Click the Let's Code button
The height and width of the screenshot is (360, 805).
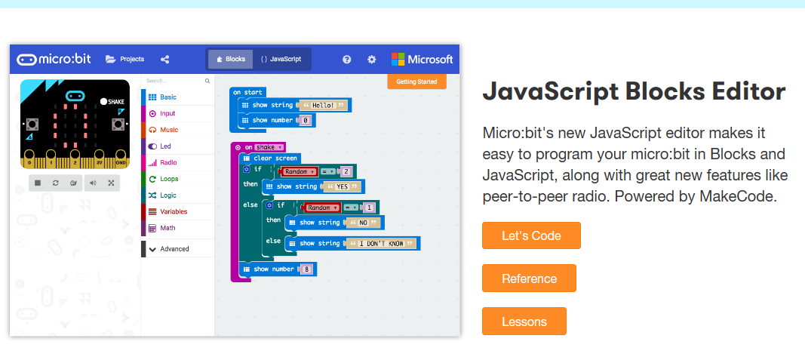(x=531, y=235)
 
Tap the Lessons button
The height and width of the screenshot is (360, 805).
(x=524, y=322)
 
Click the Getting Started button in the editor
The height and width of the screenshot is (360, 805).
(x=416, y=82)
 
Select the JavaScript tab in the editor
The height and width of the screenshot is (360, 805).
(x=281, y=59)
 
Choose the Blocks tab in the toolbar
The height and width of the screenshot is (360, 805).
(x=231, y=59)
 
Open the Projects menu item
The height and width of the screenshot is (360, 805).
(x=125, y=59)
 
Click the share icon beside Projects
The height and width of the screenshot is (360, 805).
(x=164, y=59)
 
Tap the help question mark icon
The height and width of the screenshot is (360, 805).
(x=346, y=60)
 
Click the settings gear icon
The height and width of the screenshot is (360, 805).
(x=372, y=60)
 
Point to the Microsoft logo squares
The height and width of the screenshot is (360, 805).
(x=398, y=59)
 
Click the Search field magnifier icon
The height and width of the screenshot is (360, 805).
(x=207, y=81)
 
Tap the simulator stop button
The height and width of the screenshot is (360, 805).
(x=38, y=183)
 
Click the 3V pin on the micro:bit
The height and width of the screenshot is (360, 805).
(x=99, y=162)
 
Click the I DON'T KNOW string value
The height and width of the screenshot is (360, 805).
(x=382, y=244)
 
